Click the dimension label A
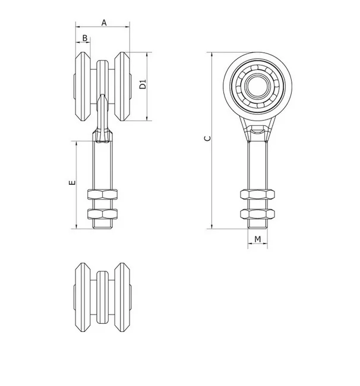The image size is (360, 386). (x=104, y=23)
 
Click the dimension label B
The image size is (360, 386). (x=85, y=38)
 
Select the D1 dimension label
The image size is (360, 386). (x=143, y=84)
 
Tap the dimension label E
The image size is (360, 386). (x=72, y=182)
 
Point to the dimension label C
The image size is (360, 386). (x=208, y=138)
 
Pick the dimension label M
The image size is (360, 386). (x=258, y=239)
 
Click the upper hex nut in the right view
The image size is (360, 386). (x=258, y=194)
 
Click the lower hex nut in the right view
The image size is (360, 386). (x=258, y=214)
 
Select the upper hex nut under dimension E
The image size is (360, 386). (x=102, y=194)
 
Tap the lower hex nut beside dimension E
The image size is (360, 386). (x=102, y=214)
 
